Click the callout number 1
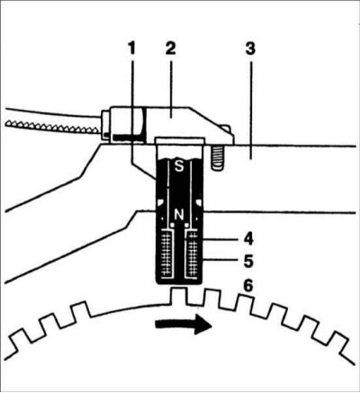[x=131, y=49]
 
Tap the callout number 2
[x=170, y=49]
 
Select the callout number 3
[x=250, y=49]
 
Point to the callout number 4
[x=247, y=239]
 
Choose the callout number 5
[x=248, y=261]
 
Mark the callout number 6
[x=248, y=286]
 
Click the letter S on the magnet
[x=179, y=166]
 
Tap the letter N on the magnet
[x=179, y=215]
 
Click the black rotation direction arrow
[x=184, y=324]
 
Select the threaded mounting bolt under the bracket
[x=218, y=158]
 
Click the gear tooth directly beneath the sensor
[x=179, y=295]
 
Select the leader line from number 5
[x=220, y=261]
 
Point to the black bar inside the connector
[x=127, y=137]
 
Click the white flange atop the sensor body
[x=180, y=140]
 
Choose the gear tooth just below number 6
[x=244, y=302]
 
